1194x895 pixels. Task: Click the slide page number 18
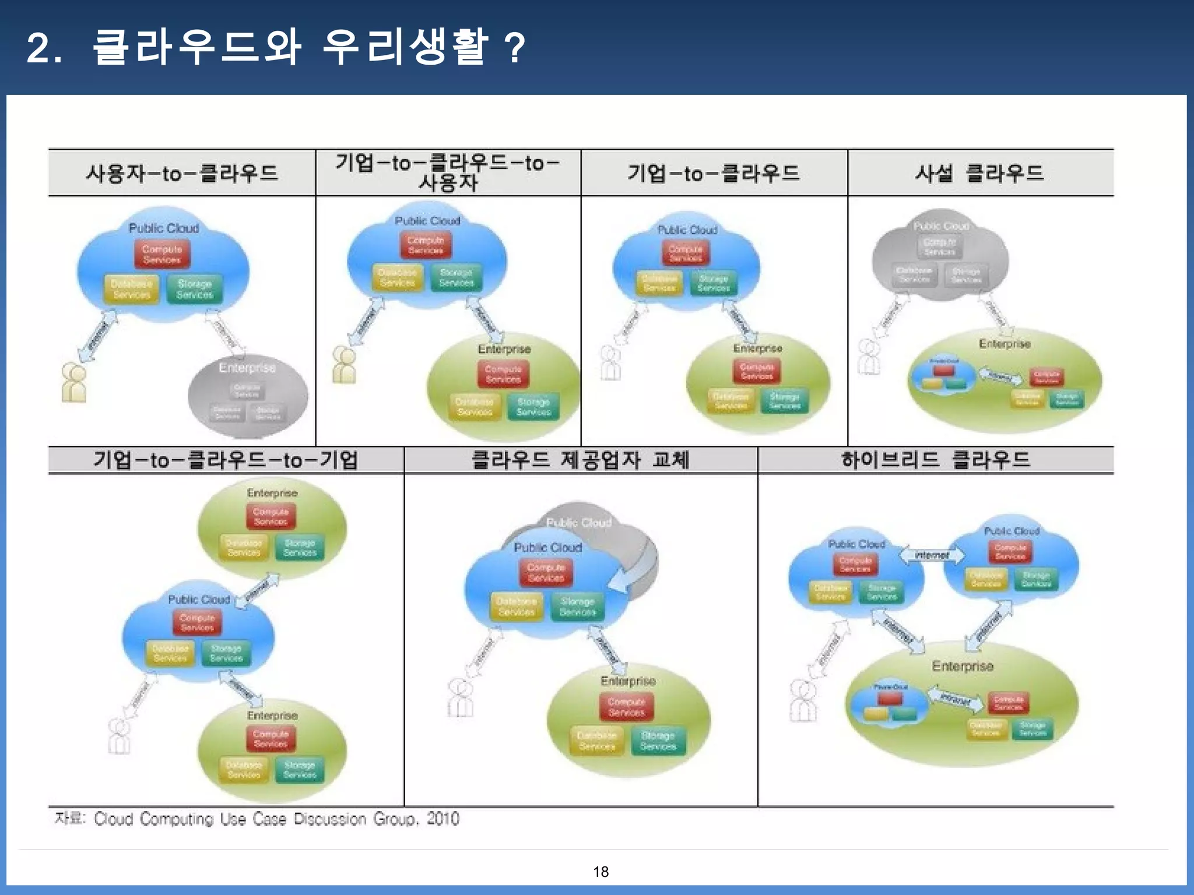(600, 871)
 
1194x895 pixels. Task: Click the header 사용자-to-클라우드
(182, 173)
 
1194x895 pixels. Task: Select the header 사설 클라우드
(979, 173)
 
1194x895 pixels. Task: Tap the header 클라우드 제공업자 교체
(580, 460)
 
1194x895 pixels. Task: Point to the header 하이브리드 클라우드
(935, 460)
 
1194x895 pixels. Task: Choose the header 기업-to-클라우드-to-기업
(226, 460)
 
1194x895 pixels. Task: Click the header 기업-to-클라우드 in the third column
(714, 173)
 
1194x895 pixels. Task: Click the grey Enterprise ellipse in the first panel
(248, 396)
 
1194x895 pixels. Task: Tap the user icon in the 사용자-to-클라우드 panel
(74, 383)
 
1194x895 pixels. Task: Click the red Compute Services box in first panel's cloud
(162, 255)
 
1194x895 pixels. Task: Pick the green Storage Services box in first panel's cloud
(195, 289)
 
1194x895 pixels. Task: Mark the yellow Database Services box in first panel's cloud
(132, 289)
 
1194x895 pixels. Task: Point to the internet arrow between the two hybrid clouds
(932, 555)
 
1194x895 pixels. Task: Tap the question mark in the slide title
(515, 48)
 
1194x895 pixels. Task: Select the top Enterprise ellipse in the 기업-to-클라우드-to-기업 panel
(272, 527)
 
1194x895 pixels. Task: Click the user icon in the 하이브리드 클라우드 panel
(803, 701)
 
